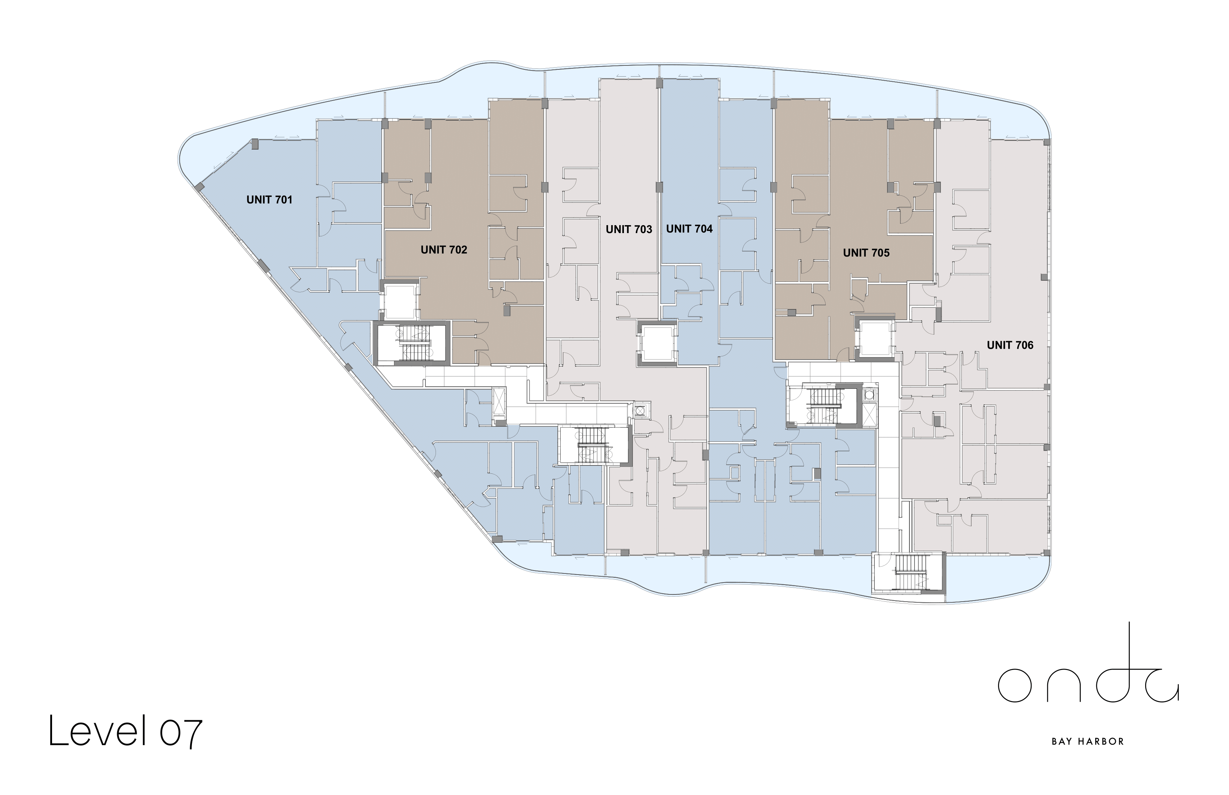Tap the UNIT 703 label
[629, 229]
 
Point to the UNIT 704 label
[689, 229]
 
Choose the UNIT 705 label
[866, 253]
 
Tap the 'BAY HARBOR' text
[1088, 742]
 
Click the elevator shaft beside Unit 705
[875, 339]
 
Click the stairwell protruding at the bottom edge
[908, 573]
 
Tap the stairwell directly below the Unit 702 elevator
[412, 343]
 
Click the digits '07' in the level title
[181, 732]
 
